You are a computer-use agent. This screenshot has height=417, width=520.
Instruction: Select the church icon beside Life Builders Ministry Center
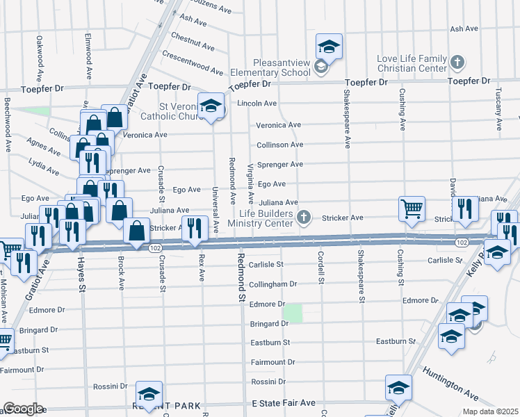click(302, 218)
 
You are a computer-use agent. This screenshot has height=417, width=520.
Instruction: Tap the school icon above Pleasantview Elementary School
click(329, 47)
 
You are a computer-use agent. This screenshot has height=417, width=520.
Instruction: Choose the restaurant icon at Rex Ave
click(194, 228)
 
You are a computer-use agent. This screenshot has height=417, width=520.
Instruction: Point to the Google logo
click(23, 409)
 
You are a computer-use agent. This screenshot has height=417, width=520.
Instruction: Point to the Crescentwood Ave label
click(193, 63)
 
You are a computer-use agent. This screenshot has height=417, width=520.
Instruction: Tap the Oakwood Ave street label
click(40, 56)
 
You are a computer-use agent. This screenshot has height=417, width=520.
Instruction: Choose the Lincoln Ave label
click(257, 103)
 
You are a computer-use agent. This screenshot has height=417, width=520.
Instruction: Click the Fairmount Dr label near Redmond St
click(273, 362)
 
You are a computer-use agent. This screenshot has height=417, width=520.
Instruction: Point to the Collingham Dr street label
click(273, 284)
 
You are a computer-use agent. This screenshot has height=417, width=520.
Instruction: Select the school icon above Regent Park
click(149, 393)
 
